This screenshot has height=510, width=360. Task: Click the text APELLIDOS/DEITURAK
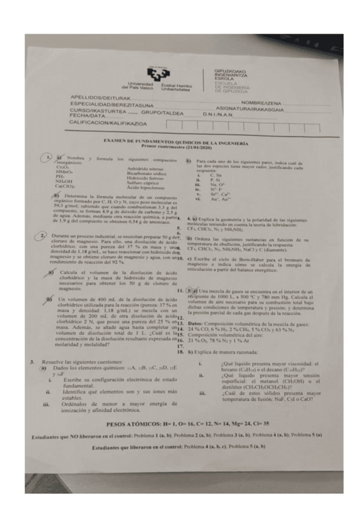pos(100,97)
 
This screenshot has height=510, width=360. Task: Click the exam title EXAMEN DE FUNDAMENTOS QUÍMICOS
pos(176,143)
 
